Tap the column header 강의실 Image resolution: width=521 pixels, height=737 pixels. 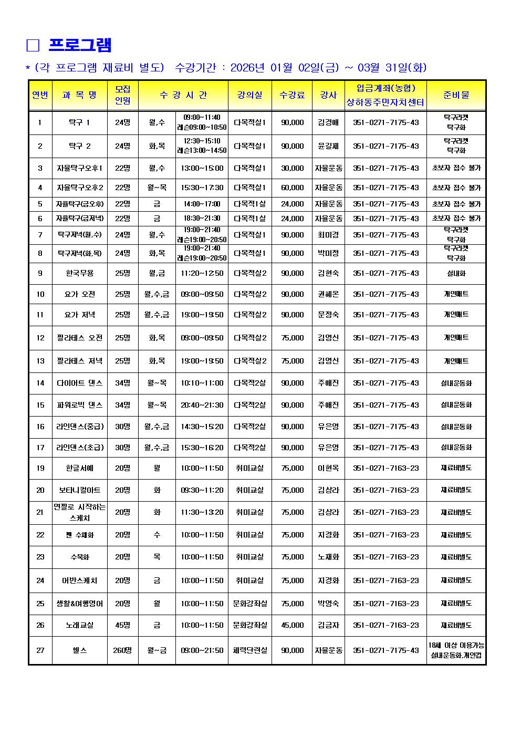point(250,95)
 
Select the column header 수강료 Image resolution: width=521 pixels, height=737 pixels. point(292,95)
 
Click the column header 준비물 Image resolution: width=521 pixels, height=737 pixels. point(456,95)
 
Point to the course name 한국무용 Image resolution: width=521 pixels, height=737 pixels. point(80,273)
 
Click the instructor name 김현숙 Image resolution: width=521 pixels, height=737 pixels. point(328,273)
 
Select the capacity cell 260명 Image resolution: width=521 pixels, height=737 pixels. point(122,650)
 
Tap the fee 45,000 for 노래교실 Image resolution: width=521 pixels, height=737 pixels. point(292,625)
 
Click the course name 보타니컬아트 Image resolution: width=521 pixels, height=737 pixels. point(80,490)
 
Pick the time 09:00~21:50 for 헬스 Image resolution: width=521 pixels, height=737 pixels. point(202,650)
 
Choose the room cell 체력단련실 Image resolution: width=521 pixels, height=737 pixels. point(250,650)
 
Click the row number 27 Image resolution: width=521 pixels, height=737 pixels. point(40,650)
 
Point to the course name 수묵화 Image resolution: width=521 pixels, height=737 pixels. point(80,557)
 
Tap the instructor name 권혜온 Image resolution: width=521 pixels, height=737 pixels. point(328,294)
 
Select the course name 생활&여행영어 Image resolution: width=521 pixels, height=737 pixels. point(80,604)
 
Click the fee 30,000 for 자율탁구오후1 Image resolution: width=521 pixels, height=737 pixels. point(292,168)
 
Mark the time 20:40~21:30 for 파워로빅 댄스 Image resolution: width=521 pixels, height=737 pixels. point(202,405)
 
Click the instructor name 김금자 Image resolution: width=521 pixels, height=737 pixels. point(328,625)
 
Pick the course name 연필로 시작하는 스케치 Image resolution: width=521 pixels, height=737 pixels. point(80,512)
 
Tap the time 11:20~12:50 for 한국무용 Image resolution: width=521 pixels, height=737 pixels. point(202,273)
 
